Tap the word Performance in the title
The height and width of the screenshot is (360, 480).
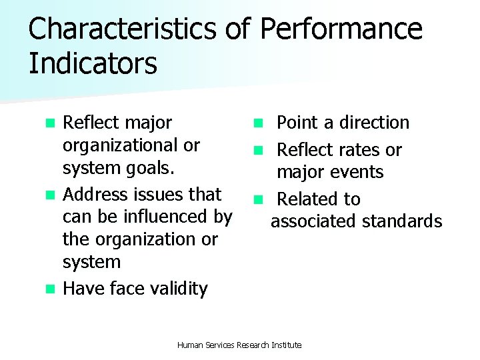coord(341,30)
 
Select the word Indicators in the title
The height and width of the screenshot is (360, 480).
coord(93,64)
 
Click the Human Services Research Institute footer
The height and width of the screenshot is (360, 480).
coord(239,345)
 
